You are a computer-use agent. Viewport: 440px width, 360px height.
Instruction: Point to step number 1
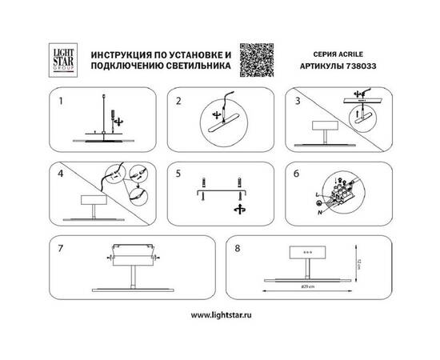[59, 102]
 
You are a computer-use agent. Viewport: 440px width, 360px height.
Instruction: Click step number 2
[179, 102]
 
